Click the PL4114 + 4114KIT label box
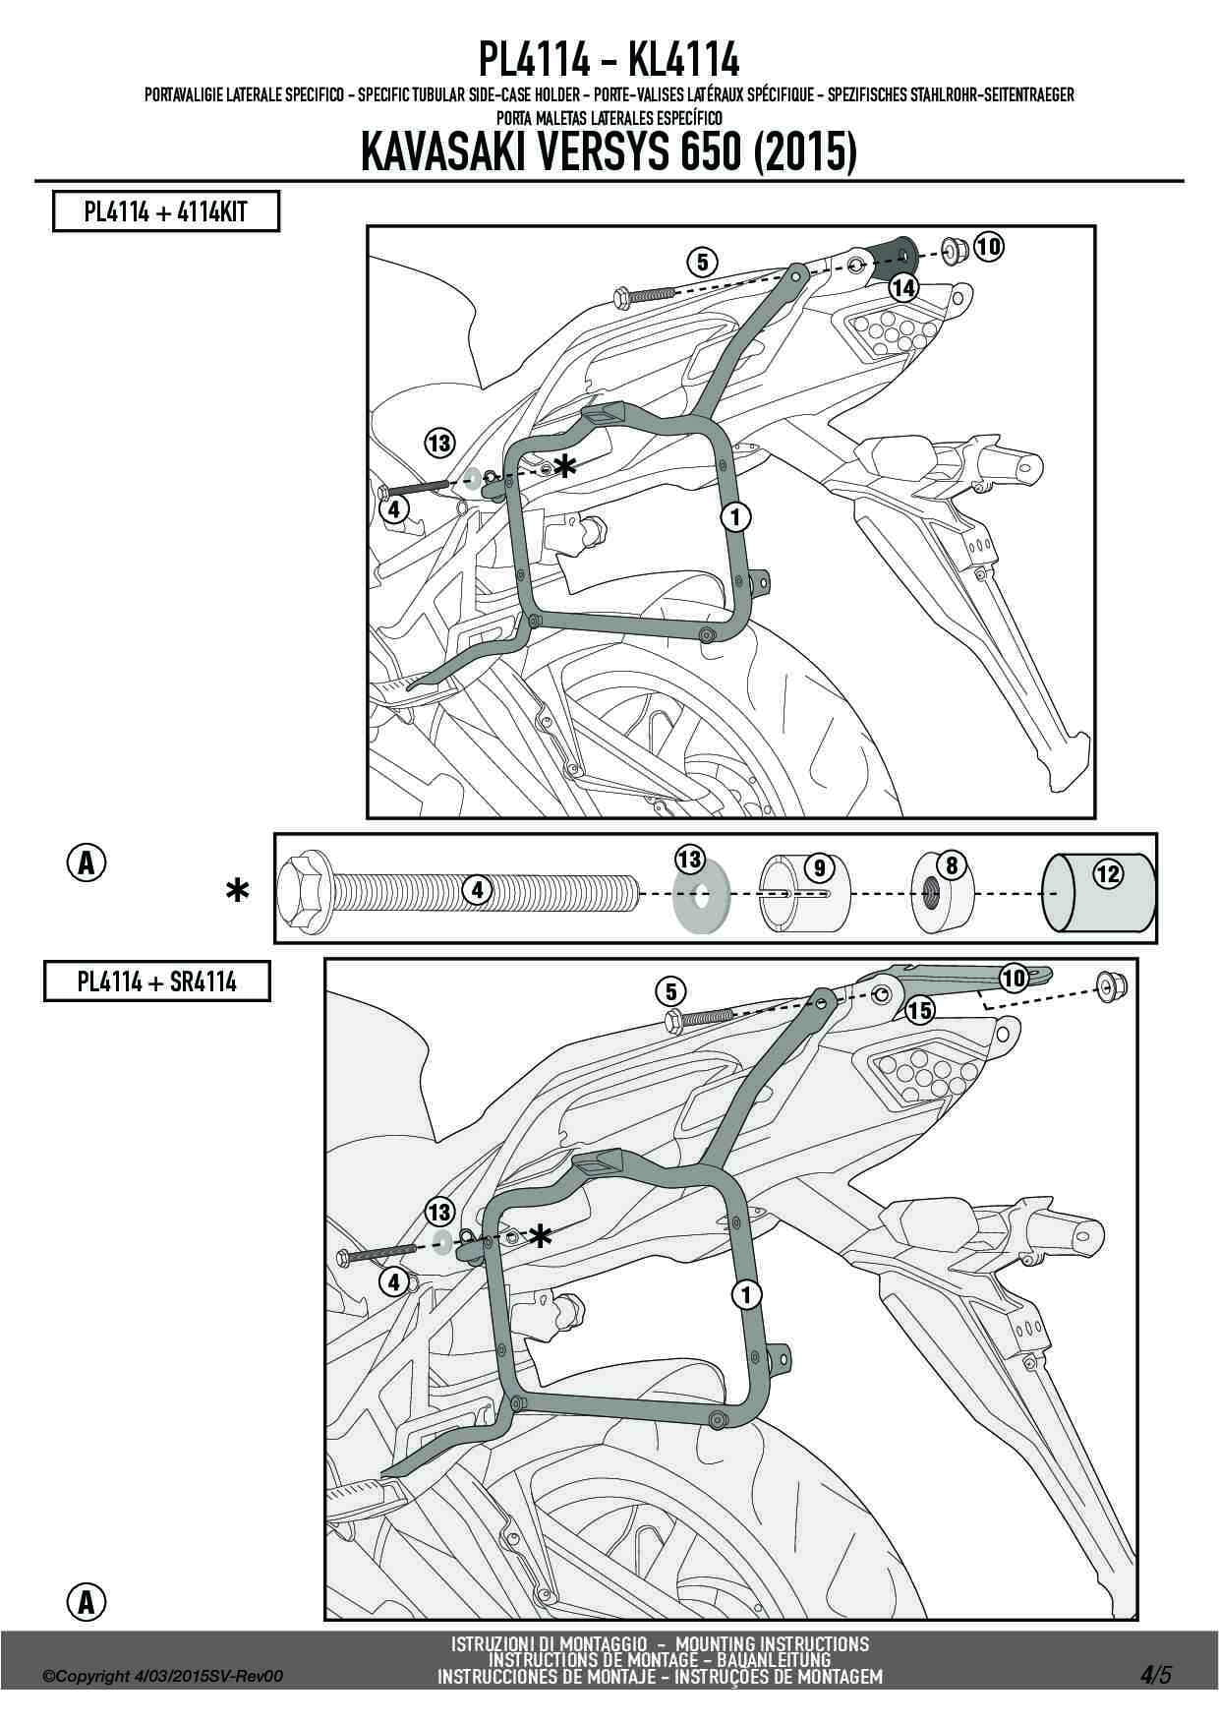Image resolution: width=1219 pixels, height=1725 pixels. (165, 211)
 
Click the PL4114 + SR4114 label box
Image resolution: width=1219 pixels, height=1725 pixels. (156, 981)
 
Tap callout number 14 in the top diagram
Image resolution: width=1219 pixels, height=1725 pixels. (903, 288)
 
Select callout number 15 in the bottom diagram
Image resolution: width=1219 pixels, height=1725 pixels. (919, 1009)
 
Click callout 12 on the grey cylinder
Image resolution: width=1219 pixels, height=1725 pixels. (1108, 872)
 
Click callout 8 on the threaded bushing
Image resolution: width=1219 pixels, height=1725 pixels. (952, 865)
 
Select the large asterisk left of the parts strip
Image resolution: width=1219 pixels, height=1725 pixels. (237, 891)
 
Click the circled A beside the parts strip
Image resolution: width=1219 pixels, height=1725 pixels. (87, 862)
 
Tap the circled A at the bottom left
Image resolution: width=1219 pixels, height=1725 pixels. (87, 1602)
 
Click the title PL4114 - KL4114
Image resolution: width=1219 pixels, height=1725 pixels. (609, 61)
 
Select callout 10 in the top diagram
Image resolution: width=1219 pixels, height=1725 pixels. (989, 247)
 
